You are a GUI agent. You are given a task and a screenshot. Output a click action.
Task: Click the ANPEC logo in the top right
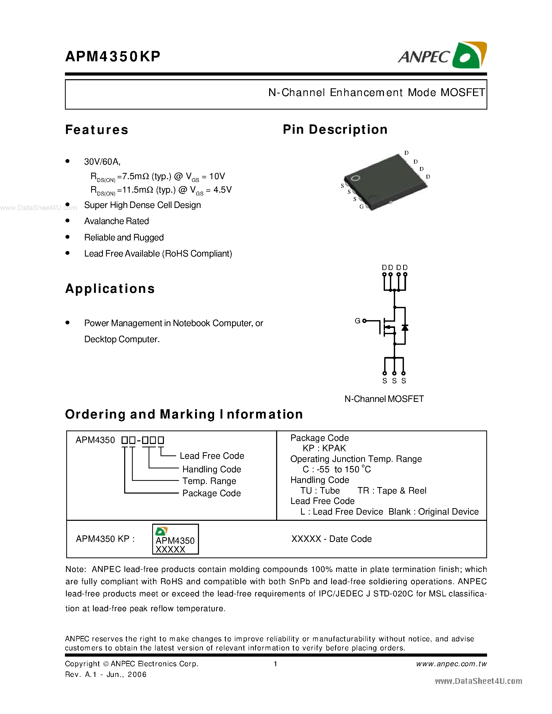(442, 56)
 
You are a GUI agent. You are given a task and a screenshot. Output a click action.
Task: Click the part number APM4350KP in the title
(113, 57)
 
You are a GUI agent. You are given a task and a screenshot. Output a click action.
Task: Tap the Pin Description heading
(335, 130)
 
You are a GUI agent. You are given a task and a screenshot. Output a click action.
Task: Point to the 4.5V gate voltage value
(222, 190)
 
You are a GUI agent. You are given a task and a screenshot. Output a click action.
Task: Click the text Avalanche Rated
(116, 221)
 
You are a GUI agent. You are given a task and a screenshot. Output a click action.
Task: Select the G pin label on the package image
(361, 207)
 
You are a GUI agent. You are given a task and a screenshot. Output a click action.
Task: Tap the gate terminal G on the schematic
(358, 321)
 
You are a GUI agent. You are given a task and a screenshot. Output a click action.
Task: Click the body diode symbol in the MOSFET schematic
(405, 328)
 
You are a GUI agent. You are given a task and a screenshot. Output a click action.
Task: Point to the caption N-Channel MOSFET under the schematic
(384, 399)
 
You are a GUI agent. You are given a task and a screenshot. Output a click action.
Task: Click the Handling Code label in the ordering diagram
(211, 469)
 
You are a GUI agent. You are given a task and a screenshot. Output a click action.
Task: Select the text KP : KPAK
(324, 448)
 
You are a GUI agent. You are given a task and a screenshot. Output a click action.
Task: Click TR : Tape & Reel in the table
(392, 490)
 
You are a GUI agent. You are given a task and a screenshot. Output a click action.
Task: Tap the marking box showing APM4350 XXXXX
(175, 539)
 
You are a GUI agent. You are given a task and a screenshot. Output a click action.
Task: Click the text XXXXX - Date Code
(331, 539)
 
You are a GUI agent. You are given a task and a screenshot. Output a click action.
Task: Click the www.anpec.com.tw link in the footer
(451, 664)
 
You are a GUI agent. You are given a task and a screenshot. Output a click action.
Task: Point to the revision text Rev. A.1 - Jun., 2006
(106, 675)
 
